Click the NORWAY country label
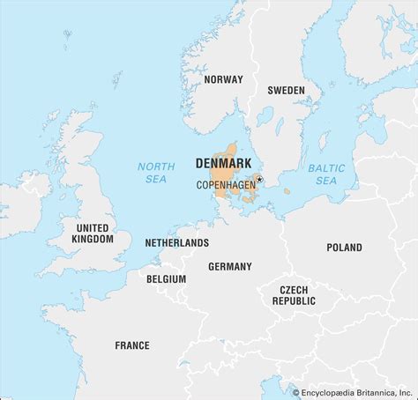pos(222,79)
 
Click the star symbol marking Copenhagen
pos(259,180)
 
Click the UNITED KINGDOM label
pos(93,233)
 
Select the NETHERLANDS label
pos(178,242)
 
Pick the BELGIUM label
pos(167,278)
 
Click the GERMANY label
pos(229,266)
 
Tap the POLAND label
pos(344,248)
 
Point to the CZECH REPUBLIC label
pos(293,295)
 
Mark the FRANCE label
pos(131,345)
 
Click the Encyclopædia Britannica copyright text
pos(353,390)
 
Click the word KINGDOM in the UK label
pos(93,239)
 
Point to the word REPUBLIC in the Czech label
pos(293,301)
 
